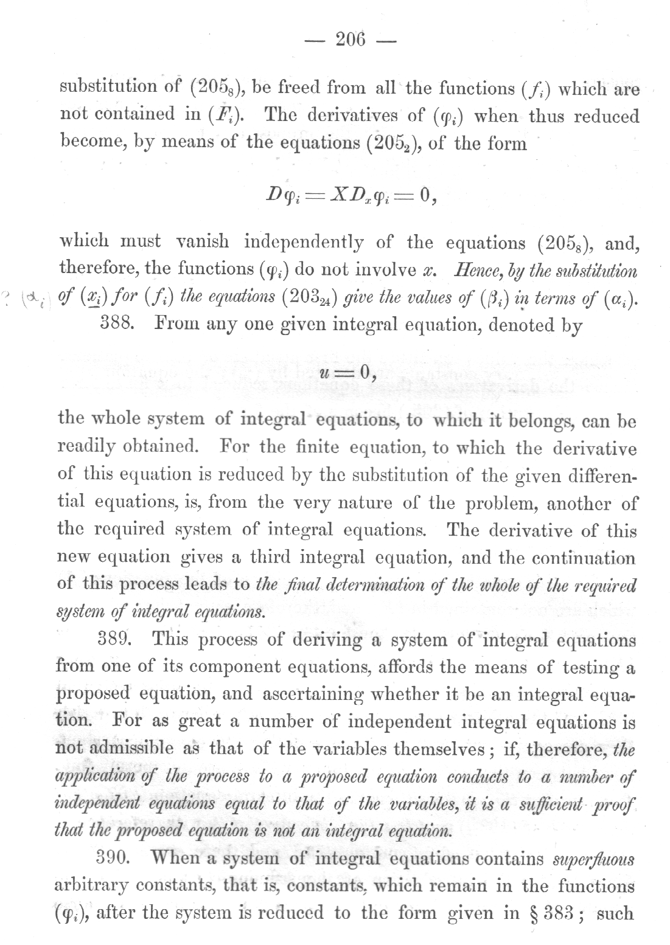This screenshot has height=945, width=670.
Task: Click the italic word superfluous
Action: (x=593, y=859)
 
